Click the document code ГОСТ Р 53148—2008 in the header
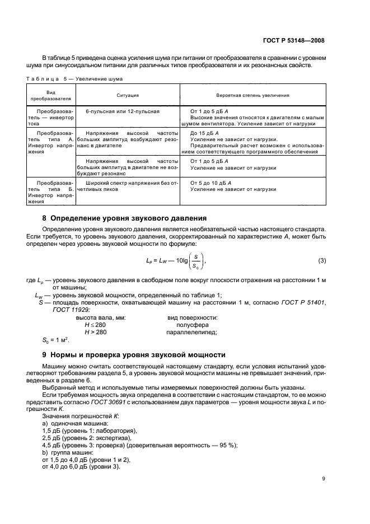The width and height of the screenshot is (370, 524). click(x=295, y=40)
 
